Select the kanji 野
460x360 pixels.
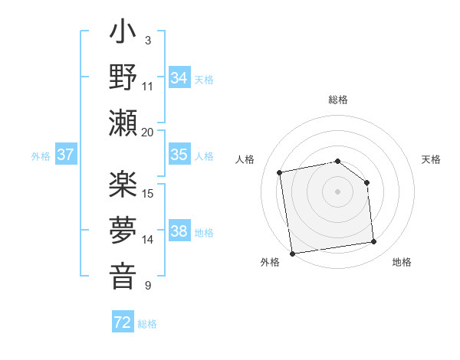(123, 79)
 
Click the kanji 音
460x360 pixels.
(123, 273)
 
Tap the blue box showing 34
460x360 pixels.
(179, 77)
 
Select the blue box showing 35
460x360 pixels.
(179, 155)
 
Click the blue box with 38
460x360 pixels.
(179, 231)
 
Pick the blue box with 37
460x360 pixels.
(66, 155)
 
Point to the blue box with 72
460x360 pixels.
(123, 322)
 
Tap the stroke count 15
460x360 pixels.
(148, 193)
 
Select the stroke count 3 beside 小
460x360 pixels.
(147, 40)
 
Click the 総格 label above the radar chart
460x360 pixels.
(338, 100)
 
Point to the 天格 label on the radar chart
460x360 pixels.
(431, 159)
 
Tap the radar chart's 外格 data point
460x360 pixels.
(292, 254)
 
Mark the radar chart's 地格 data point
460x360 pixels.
(374, 242)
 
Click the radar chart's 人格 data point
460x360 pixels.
(280, 172)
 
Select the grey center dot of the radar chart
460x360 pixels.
(337, 191)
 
